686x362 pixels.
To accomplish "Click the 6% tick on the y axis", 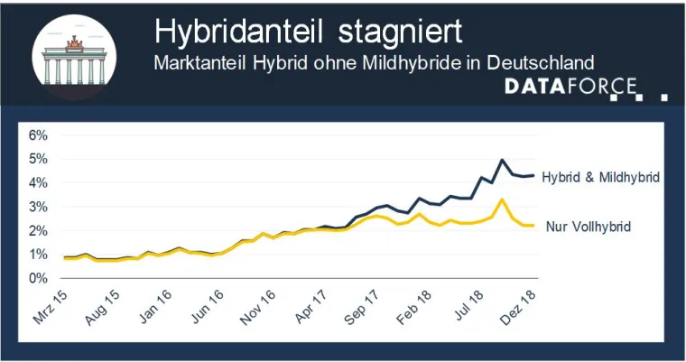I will click(x=39, y=135).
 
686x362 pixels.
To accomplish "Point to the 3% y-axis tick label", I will click(x=39, y=207).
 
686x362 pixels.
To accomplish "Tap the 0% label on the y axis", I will click(x=39, y=278).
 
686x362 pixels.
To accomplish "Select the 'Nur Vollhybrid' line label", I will click(x=589, y=227).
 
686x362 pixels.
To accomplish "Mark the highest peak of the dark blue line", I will click(x=502, y=160).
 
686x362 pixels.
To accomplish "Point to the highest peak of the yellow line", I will click(x=502, y=200).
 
